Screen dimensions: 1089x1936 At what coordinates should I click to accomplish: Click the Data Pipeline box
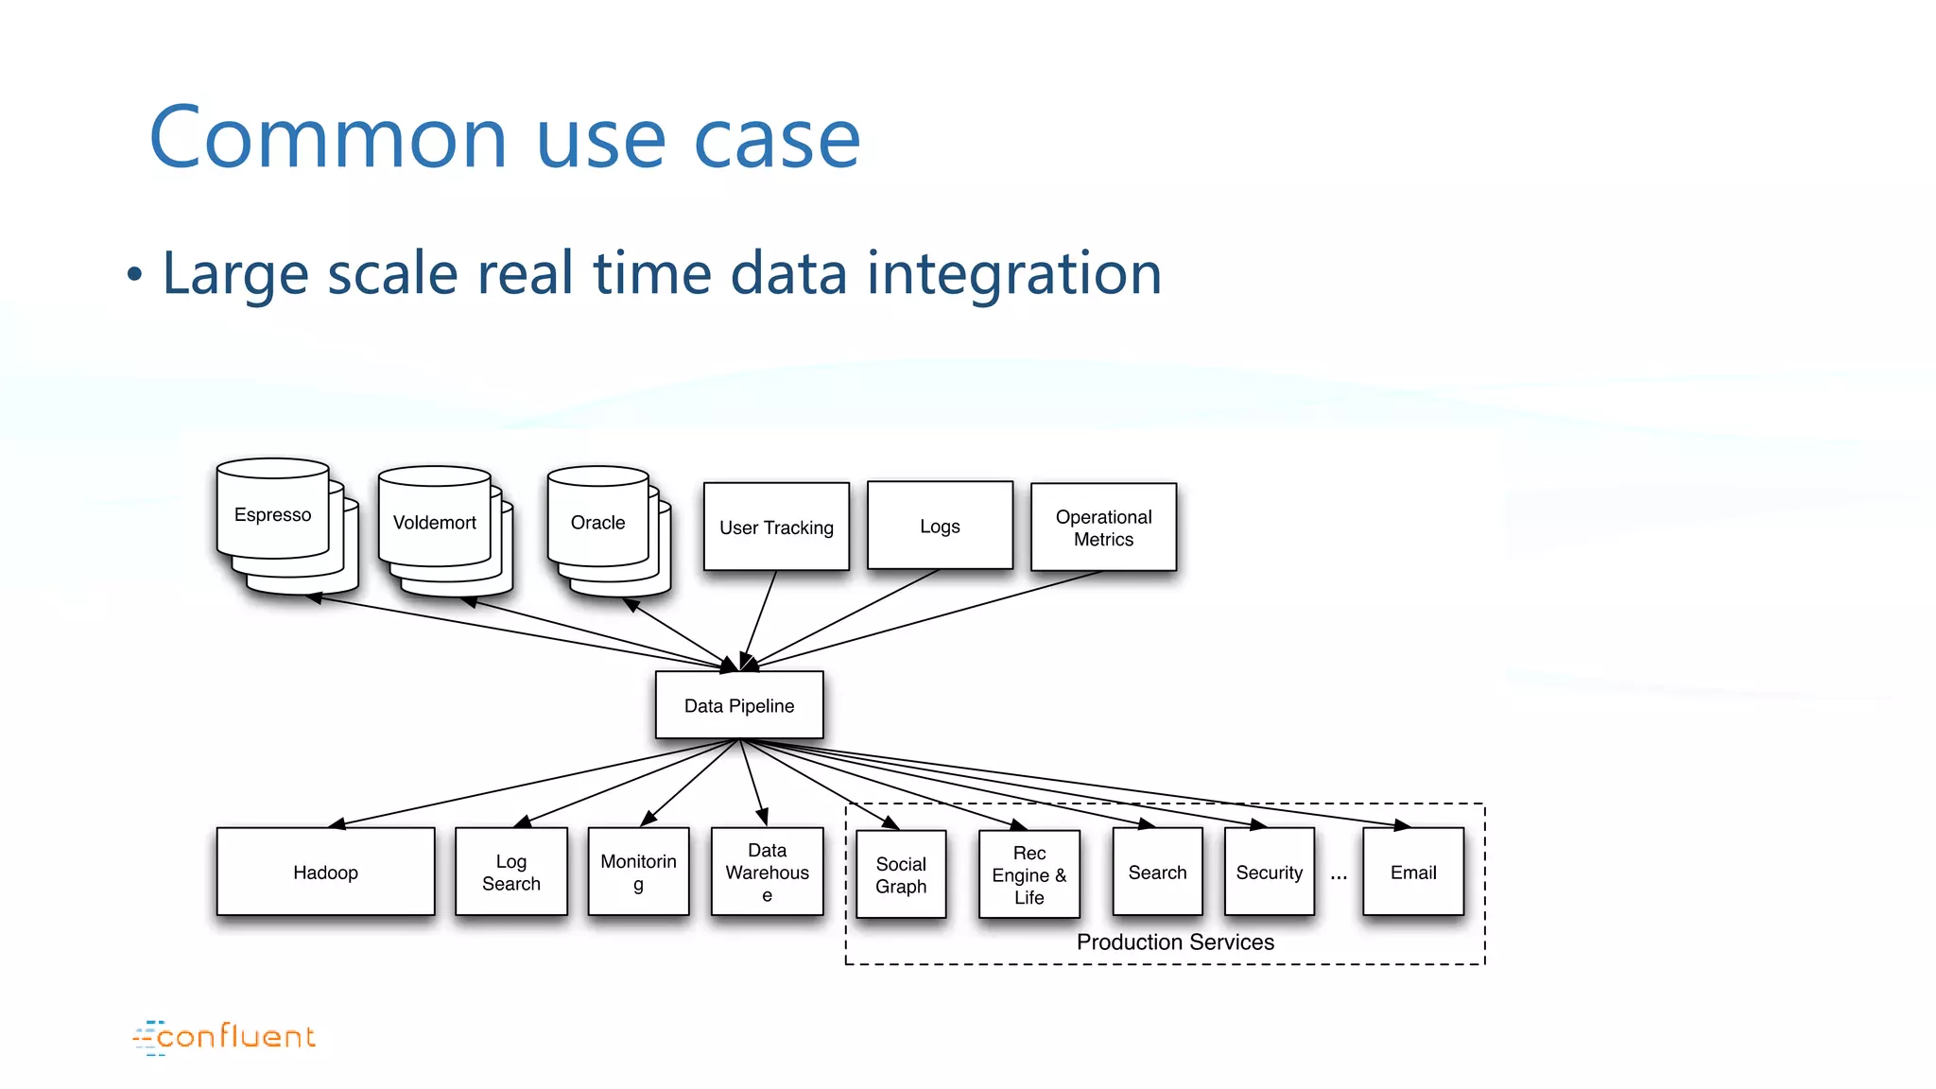click(x=739, y=705)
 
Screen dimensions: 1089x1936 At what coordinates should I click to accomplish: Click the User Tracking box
click(x=776, y=527)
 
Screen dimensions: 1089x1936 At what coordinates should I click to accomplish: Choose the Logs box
click(x=940, y=526)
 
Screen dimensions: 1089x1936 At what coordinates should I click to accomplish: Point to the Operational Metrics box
click(x=1103, y=527)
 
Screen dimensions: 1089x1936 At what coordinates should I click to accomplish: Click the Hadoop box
click(x=325, y=872)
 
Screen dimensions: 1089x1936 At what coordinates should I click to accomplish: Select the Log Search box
click(x=511, y=872)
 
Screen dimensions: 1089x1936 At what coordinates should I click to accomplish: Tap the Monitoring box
click(x=638, y=872)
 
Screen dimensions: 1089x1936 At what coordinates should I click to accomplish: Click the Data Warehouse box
click(x=767, y=872)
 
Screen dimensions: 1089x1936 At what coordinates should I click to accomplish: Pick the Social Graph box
click(x=901, y=874)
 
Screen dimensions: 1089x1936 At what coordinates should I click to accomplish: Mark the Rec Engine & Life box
click(x=1029, y=874)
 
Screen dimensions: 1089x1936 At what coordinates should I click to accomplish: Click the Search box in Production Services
click(x=1157, y=872)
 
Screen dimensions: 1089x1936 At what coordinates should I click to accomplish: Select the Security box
click(x=1269, y=872)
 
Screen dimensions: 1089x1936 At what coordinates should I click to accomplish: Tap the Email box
click(x=1413, y=872)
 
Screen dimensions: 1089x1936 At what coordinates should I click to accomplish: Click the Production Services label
click(x=1175, y=942)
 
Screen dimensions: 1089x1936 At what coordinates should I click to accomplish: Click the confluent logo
click(x=225, y=1037)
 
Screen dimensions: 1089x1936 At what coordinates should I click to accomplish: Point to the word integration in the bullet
click(x=1013, y=273)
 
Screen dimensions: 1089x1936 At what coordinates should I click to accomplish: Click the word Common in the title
click(x=328, y=138)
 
